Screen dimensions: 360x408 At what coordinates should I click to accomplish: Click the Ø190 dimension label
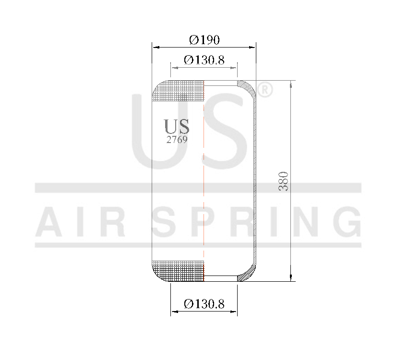(204, 40)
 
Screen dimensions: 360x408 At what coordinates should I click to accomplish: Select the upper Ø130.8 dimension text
(204, 60)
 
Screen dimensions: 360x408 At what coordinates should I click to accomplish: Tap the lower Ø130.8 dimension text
(204, 304)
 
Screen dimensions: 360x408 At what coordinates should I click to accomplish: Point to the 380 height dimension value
(284, 181)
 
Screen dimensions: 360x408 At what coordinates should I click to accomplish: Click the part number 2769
(176, 140)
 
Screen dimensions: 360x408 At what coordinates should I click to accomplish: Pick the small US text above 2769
(177, 127)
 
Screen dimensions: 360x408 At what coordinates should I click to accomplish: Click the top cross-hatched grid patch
(179, 91)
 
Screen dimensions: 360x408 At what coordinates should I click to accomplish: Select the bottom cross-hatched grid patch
(179, 271)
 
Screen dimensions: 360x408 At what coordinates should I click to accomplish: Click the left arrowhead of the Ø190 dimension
(155, 47)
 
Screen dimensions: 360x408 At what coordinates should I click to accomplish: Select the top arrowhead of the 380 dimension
(290, 84)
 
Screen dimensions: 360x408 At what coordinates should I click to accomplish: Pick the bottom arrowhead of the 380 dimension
(290, 278)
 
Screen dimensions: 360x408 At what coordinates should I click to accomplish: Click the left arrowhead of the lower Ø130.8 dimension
(173, 312)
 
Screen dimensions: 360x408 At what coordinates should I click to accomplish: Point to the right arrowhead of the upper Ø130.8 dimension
(235, 68)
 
